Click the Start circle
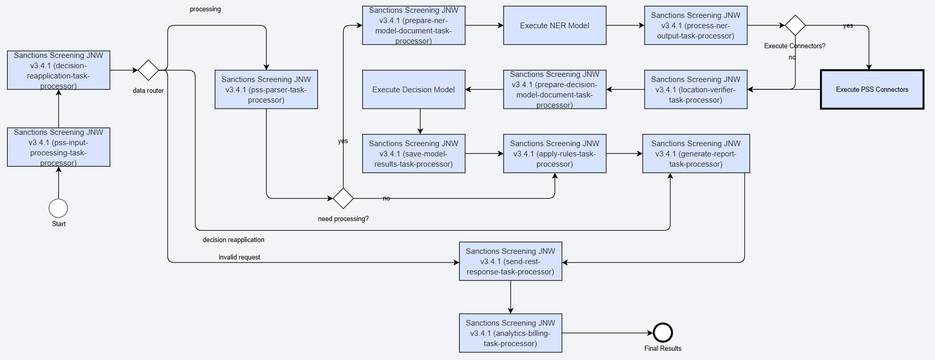pyautogui.click(x=58, y=208)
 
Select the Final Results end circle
pyautogui.click(x=663, y=333)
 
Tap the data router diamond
pyautogui.click(x=148, y=70)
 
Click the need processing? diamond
pyautogui.click(x=343, y=198)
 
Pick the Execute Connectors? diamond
pyautogui.click(x=795, y=25)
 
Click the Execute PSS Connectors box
pyautogui.click(x=872, y=89)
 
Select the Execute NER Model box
pyautogui.click(x=554, y=25)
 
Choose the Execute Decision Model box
pyautogui.click(x=413, y=89)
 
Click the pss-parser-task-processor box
pyautogui.click(x=266, y=89)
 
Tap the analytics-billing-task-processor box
pyautogui.click(x=510, y=333)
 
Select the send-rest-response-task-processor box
pyautogui.click(x=510, y=261)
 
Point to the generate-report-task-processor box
pyautogui.click(x=696, y=153)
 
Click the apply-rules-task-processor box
pyautogui.click(x=554, y=153)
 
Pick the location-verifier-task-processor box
pyautogui.click(x=695, y=89)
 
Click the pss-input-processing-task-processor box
pyautogui.click(x=58, y=147)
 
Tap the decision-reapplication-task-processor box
pyautogui.click(x=58, y=70)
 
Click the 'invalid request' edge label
pyautogui.click(x=239, y=257)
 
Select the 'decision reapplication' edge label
pyautogui.click(x=233, y=240)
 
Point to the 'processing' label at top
pyautogui.click(x=205, y=9)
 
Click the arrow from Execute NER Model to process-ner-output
pyautogui.click(x=625, y=25)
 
